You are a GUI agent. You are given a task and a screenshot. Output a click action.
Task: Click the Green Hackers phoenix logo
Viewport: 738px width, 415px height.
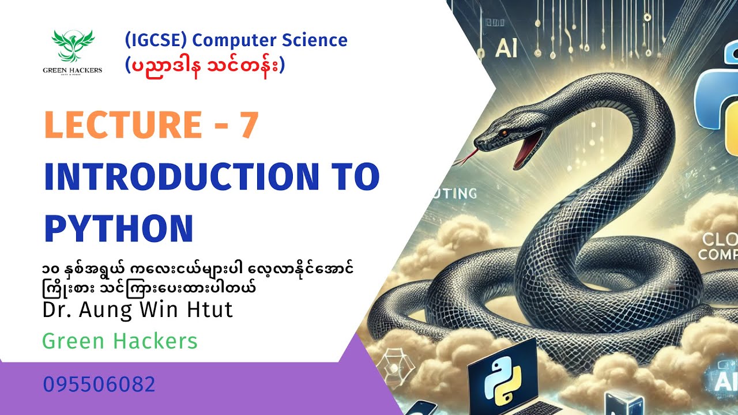pyautogui.click(x=73, y=46)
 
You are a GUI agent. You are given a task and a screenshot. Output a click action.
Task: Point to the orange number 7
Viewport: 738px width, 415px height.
pyautogui.click(x=248, y=125)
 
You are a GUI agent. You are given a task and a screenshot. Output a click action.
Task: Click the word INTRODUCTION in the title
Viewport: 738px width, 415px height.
pyautogui.click(x=179, y=178)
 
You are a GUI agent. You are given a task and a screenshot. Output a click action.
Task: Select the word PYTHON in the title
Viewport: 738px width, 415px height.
pyautogui.click(x=119, y=228)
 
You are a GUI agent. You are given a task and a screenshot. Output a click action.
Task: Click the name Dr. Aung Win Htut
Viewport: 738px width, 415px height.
pyautogui.click(x=138, y=310)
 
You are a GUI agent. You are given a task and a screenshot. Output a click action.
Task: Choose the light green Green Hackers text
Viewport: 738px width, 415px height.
pyautogui.click(x=120, y=341)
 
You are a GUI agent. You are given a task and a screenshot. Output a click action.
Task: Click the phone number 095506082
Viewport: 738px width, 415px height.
pyautogui.click(x=99, y=384)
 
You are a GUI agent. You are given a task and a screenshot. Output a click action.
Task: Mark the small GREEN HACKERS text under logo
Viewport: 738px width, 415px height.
pyautogui.click(x=73, y=70)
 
